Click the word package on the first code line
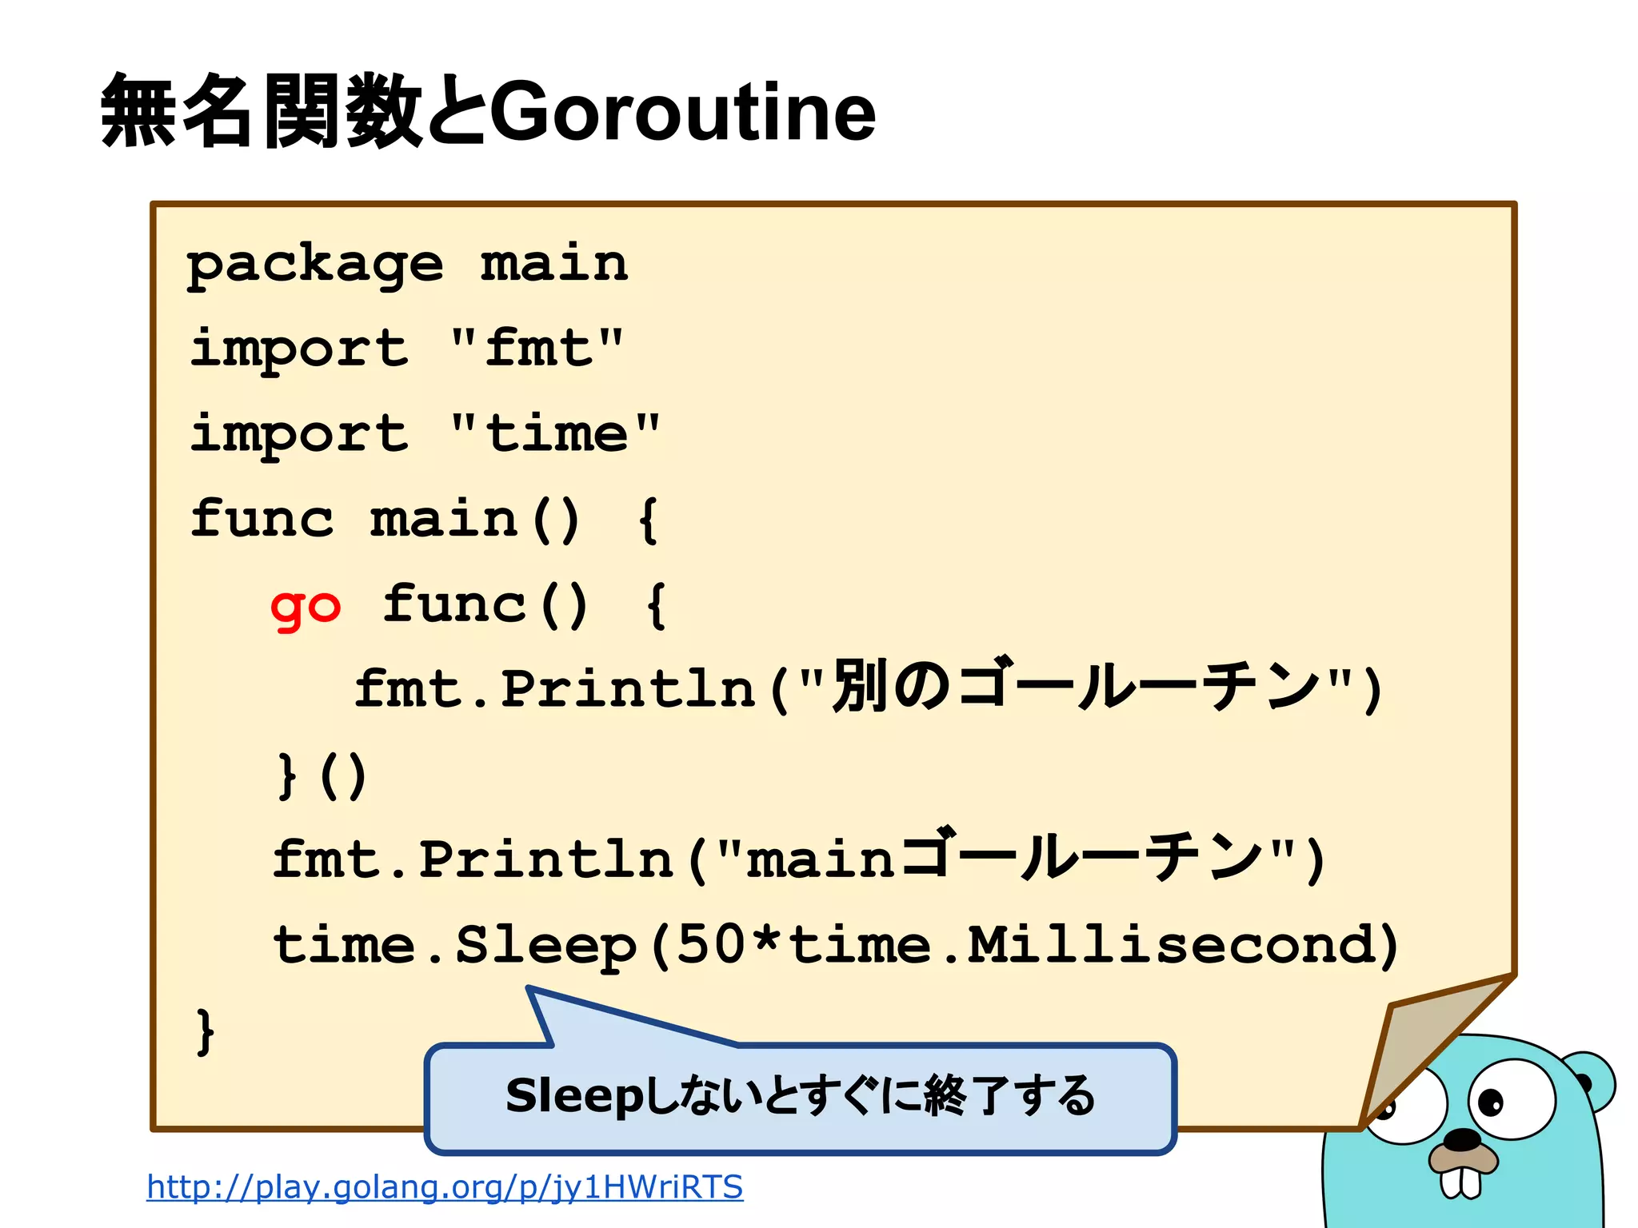(x=315, y=265)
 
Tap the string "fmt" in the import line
(x=537, y=349)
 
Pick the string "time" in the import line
(x=555, y=433)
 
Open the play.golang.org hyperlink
(x=445, y=1186)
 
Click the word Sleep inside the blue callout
(x=574, y=1095)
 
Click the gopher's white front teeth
(x=1460, y=1182)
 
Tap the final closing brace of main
(x=206, y=1031)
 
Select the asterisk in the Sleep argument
(x=767, y=942)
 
